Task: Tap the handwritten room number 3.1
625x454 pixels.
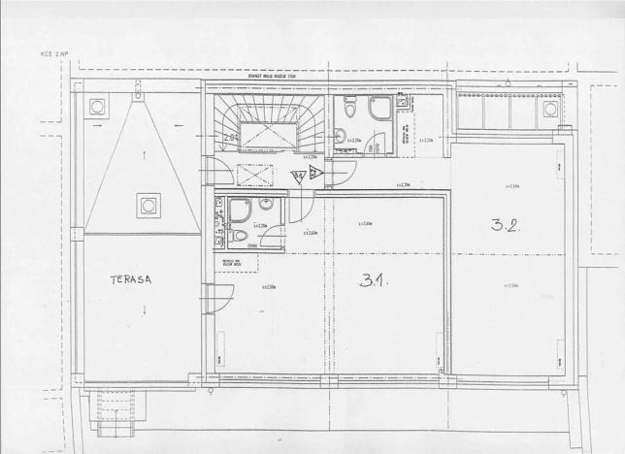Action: (374, 280)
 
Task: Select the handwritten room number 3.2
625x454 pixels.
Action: (505, 226)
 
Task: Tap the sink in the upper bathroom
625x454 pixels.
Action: (340, 136)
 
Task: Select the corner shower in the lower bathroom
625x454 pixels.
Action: (240, 210)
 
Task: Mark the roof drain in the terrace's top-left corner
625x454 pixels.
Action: (97, 106)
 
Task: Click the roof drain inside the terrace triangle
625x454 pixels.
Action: (148, 205)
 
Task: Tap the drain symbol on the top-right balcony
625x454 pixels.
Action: (550, 109)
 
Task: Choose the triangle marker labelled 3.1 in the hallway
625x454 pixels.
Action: (299, 176)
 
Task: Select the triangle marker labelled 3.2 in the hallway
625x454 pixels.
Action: (316, 174)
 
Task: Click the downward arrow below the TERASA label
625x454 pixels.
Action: (145, 310)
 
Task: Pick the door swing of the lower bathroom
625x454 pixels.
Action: (271, 236)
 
